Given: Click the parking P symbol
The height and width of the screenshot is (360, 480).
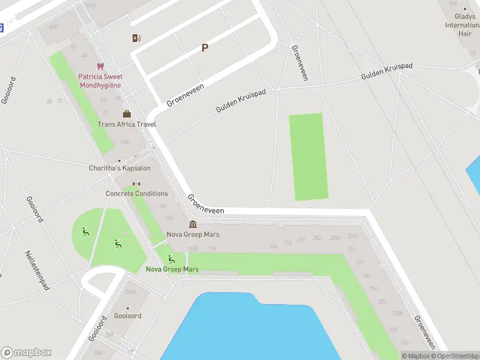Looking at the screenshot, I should click(205, 48).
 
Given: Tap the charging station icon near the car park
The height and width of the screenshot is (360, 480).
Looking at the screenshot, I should click(137, 38).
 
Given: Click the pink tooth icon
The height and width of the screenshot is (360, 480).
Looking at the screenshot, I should click(100, 67).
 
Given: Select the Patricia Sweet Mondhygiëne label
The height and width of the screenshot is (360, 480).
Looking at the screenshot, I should click(100, 80).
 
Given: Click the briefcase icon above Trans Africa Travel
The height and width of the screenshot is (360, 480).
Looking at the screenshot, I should click(127, 114).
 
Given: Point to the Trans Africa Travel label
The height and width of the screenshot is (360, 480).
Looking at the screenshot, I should click(127, 124).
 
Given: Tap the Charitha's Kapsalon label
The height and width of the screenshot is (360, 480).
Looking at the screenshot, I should click(119, 168).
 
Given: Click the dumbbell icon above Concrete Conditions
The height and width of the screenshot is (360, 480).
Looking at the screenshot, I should click(136, 184).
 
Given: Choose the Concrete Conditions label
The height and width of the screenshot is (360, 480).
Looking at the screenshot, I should click(137, 193).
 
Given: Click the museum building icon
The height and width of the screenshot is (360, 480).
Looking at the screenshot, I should click(193, 224).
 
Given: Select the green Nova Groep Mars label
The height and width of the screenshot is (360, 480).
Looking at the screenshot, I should click(172, 269).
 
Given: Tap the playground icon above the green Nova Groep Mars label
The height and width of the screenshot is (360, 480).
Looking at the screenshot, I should click(172, 259).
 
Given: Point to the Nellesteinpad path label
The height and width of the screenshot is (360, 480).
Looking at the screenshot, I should click(37, 270).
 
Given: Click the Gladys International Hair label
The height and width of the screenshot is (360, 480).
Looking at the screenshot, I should click(462, 25).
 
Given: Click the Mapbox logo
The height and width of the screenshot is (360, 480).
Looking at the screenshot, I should click(26, 353).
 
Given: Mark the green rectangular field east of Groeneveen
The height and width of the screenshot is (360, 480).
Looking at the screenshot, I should click(309, 157).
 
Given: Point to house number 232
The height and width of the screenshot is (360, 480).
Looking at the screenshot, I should click(301, 239).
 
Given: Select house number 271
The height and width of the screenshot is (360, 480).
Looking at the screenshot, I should click(360, 262).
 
